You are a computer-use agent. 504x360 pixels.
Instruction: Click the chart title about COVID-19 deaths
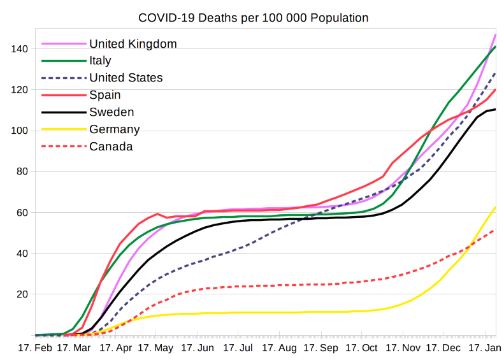pyautogui.click(x=253, y=17)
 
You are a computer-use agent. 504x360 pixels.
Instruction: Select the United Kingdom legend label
pyautogui.click(x=133, y=44)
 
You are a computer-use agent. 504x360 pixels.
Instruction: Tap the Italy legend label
pyautogui.click(x=100, y=61)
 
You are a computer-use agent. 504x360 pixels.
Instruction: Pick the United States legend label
pyautogui.click(x=126, y=78)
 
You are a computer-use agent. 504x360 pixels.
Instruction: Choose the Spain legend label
pyautogui.click(x=106, y=96)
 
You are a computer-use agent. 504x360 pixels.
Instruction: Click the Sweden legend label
pyautogui.click(x=112, y=113)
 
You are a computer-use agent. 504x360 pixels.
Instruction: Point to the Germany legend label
pyautogui.click(x=114, y=130)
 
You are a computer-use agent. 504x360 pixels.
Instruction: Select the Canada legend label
pyautogui.click(x=111, y=147)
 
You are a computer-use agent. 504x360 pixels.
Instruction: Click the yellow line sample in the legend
pyautogui.click(x=64, y=130)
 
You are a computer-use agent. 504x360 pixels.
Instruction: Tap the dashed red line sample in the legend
pyautogui.click(x=64, y=147)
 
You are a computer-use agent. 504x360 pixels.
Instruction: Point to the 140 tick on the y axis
pyautogui.click(x=21, y=49)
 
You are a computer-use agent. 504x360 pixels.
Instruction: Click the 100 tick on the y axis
pyautogui.click(x=21, y=131)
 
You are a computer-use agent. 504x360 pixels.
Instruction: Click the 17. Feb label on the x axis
pyautogui.click(x=34, y=349)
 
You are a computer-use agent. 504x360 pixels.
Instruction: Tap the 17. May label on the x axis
pyautogui.click(x=155, y=349)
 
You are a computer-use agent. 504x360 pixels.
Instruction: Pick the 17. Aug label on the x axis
pyautogui.click(x=278, y=349)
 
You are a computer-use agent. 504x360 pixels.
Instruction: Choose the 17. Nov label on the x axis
pyautogui.click(x=403, y=349)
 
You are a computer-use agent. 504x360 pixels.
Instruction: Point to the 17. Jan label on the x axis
pyautogui.click(x=485, y=349)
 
